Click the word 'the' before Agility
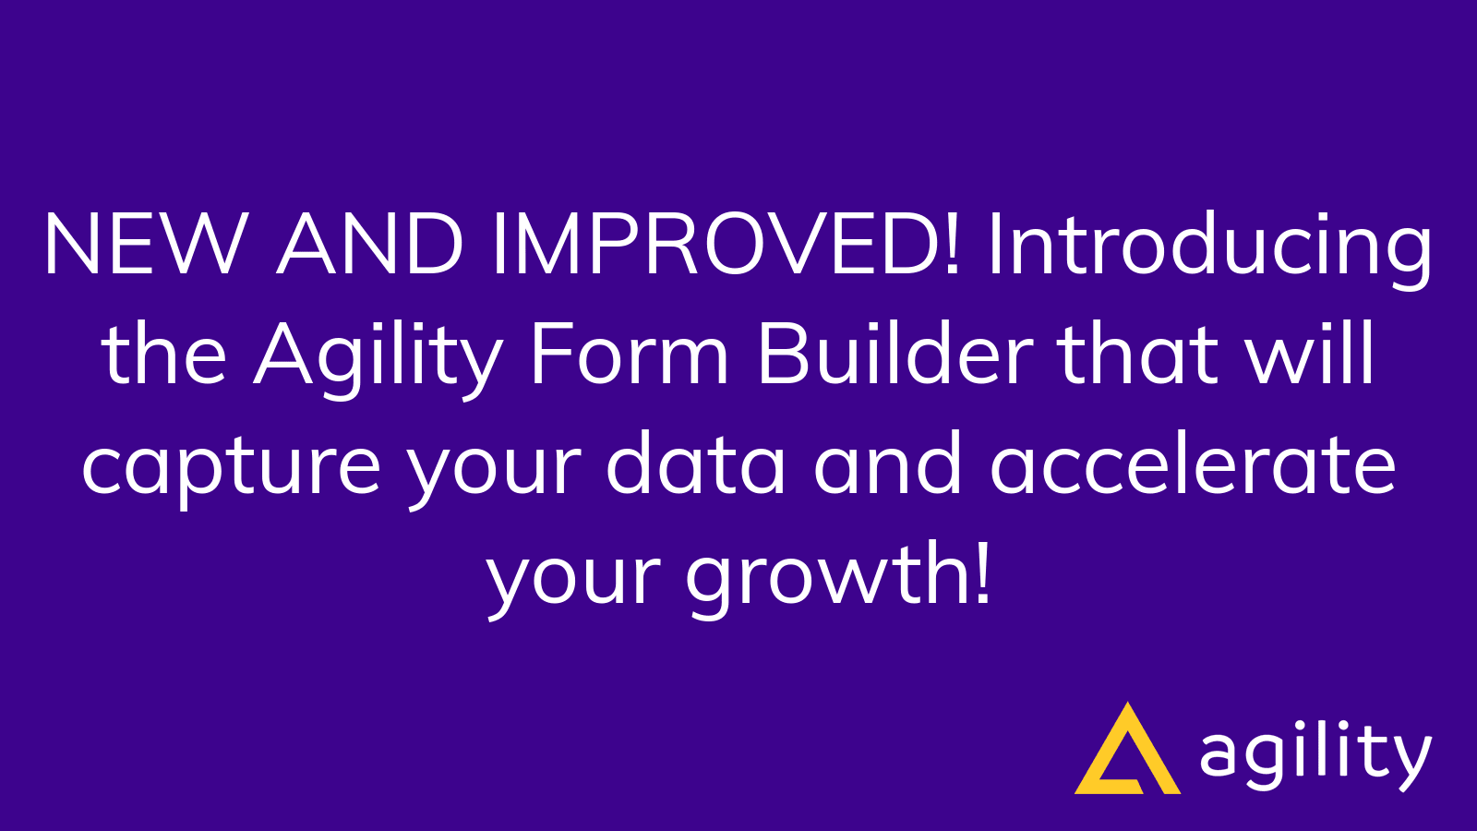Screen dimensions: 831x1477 pos(164,355)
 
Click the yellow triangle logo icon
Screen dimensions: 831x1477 pos(1127,753)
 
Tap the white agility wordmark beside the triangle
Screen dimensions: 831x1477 pos(1315,754)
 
